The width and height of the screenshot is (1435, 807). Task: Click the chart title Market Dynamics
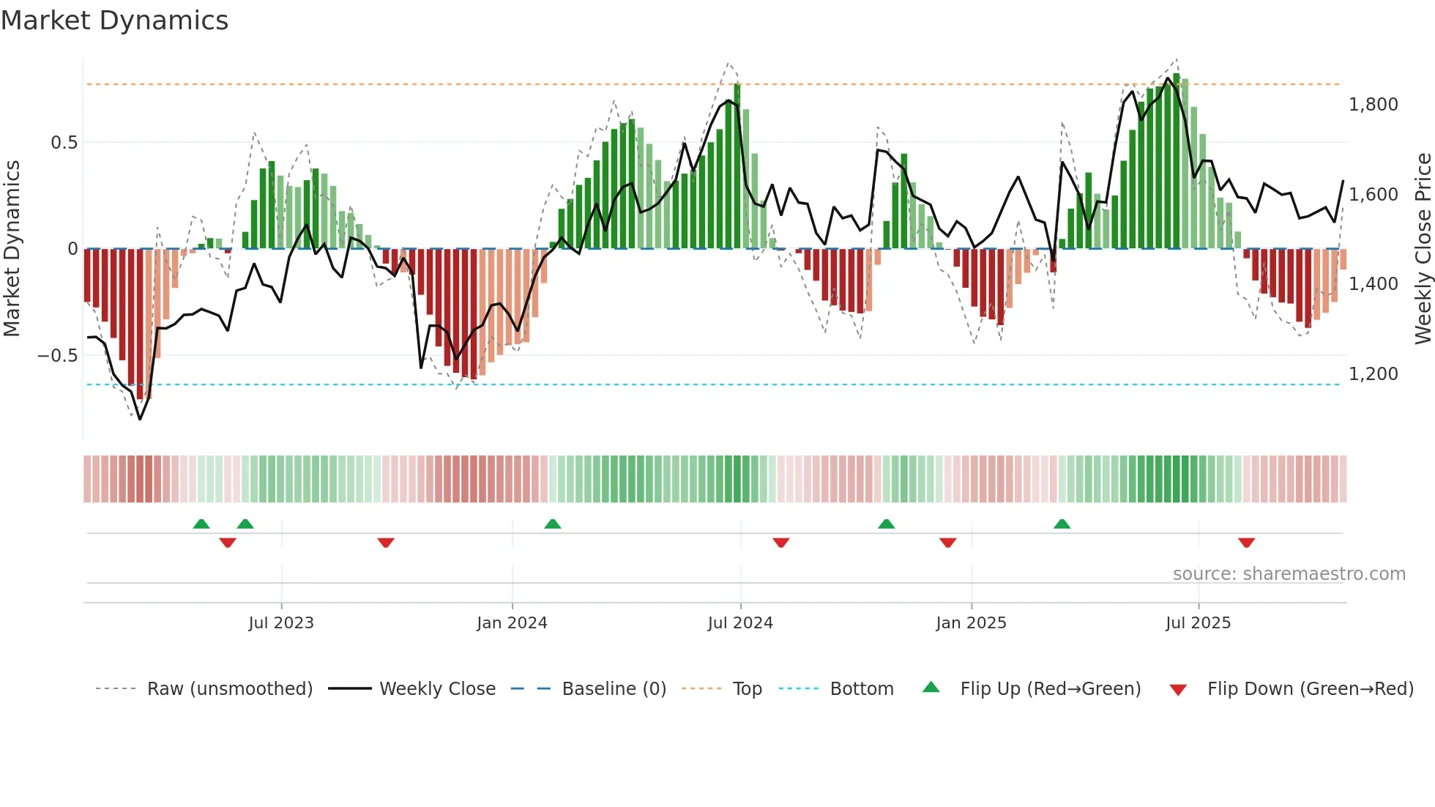click(x=114, y=21)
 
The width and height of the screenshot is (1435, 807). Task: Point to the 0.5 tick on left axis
click(x=64, y=143)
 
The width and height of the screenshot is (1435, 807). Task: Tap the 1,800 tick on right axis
click(x=1373, y=105)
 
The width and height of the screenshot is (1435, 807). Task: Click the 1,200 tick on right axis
click(x=1373, y=374)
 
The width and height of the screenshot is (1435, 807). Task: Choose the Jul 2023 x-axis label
click(x=281, y=623)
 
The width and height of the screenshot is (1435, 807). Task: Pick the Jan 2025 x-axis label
click(x=971, y=623)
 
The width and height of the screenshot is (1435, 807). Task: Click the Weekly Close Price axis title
click(x=1423, y=249)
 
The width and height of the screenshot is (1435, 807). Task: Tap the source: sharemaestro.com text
click(x=1289, y=574)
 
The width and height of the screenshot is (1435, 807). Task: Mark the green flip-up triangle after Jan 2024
click(x=553, y=524)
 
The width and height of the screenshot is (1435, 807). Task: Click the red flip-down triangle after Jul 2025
click(x=1246, y=543)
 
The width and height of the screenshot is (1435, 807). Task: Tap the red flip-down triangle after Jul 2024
click(x=780, y=543)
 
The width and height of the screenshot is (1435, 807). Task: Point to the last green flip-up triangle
click(x=1062, y=524)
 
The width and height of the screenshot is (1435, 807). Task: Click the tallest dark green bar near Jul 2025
click(x=1176, y=161)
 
